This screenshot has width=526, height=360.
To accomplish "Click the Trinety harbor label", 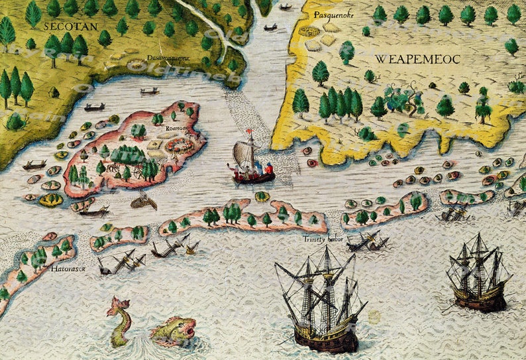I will pos(323,239).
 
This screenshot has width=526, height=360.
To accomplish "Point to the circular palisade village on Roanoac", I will pos(180,145).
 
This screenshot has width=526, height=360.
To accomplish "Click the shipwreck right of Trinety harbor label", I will pos(366,242).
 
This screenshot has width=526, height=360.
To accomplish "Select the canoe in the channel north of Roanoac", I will pos(150,91).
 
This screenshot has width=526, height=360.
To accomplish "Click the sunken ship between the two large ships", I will pos(452,213).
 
